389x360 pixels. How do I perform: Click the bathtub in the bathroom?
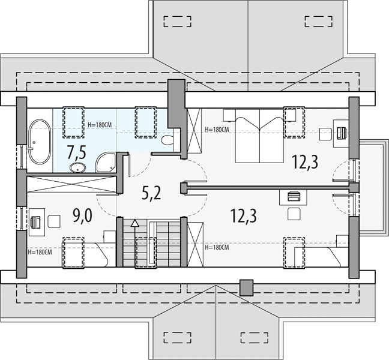(40, 142)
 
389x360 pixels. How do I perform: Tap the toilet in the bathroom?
(167, 140)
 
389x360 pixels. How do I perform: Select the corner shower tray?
(106, 163)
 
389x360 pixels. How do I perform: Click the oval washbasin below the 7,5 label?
(77, 168)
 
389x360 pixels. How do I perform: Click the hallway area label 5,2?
(151, 193)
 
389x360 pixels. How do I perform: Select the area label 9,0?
(83, 216)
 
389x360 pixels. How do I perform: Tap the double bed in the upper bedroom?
(259, 136)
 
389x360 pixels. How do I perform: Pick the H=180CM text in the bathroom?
(100, 125)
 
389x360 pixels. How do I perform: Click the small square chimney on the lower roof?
(246, 287)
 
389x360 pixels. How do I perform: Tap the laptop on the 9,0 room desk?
(35, 222)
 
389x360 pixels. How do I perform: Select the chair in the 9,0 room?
(54, 221)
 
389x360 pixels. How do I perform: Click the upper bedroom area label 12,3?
(305, 162)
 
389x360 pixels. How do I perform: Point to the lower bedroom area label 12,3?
(243, 216)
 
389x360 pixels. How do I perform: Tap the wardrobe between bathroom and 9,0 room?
(71, 184)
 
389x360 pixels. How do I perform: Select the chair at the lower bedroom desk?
(294, 214)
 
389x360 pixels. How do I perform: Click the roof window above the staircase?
(146, 253)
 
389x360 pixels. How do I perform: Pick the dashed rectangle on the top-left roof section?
(178, 22)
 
